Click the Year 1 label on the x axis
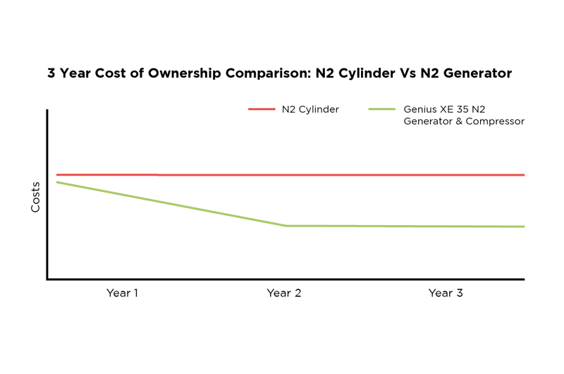[122, 293]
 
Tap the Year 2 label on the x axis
[283, 293]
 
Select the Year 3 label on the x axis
[446, 293]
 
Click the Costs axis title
[35, 197]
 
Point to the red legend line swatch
[262, 109]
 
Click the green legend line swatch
[383, 109]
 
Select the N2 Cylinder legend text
[310, 109]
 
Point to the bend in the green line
[286, 226]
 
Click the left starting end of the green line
[57, 182]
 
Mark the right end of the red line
[525, 174]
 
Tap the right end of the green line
[525, 227]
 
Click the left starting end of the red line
[57, 174]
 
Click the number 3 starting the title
[51, 73]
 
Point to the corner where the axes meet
[47, 279]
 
